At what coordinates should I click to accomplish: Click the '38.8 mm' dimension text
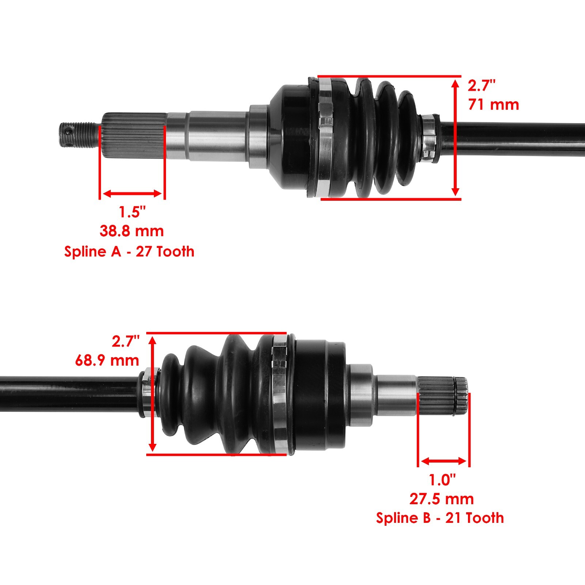[x=132, y=231]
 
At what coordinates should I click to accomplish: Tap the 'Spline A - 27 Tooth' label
[x=129, y=252]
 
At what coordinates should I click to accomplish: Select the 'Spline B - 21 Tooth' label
[x=440, y=518]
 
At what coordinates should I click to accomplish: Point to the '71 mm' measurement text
[x=493, y=105]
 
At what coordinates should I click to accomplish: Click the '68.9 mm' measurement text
[x=107, y=361]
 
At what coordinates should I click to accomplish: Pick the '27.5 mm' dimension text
[x=441, y=499]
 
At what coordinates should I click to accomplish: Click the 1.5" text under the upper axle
[x=132, y=212]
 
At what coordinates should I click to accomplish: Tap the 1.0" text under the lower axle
[x=442, y=480]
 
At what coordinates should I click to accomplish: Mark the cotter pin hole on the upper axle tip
[x=67, y=129]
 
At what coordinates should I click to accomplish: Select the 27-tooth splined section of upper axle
[x=133, y=135]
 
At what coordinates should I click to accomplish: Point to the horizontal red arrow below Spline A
[x=132, y=193]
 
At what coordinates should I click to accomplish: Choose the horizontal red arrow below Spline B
[x=444, y=461]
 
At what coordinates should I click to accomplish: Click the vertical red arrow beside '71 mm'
[x=455, y=138]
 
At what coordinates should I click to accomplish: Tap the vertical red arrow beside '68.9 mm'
[x=153, y=394]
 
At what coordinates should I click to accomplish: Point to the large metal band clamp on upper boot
[x=325, y=137]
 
